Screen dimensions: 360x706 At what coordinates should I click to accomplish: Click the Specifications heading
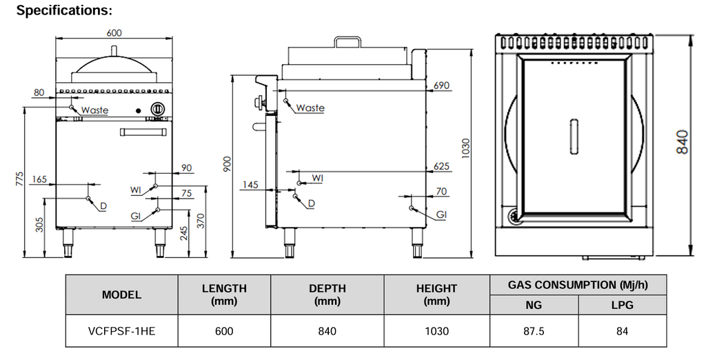64,11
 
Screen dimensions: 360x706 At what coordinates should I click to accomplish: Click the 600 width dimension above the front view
114,32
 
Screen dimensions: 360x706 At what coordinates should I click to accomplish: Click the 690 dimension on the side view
441,86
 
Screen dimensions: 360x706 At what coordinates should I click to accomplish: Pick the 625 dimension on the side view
441,166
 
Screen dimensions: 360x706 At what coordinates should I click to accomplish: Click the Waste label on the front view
94,110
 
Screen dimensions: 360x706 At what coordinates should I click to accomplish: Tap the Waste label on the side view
310,108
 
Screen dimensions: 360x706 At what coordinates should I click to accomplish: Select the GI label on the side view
440,215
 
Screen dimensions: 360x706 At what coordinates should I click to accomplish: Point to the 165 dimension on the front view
39,180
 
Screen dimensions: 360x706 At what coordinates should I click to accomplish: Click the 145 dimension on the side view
250,184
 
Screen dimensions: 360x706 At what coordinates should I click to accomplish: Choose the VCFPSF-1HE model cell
122,331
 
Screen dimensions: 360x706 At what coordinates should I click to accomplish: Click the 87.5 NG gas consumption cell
534,331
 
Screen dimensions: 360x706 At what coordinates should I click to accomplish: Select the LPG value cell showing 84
622,331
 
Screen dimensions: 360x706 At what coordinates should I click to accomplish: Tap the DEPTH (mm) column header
327,294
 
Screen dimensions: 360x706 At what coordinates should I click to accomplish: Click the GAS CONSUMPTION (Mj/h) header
578,285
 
